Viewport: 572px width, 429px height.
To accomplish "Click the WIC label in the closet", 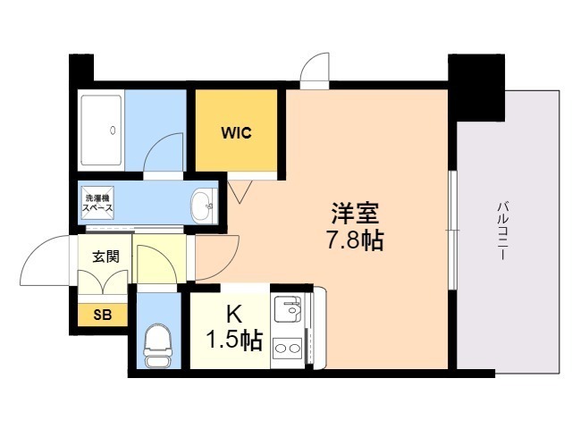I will point(237,134).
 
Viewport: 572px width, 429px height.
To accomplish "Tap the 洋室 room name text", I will point(357,214).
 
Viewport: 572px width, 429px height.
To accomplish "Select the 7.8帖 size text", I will point(357,240).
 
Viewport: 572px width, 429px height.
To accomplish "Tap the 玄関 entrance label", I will point(105,255).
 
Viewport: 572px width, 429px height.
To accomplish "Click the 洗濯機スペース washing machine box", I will point(97,203).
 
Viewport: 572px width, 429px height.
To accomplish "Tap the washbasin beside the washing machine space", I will point(203,204).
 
